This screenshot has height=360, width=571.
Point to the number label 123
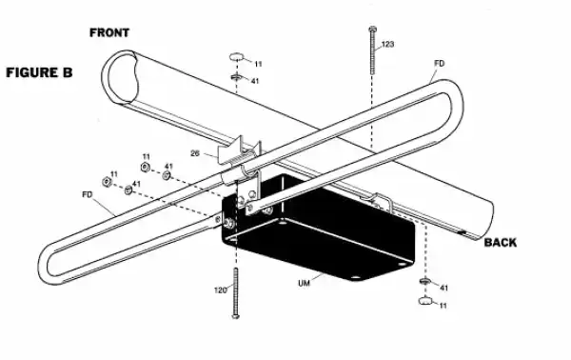click(x=387, y=45)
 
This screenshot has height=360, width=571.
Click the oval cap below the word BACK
click(x=423, y=302)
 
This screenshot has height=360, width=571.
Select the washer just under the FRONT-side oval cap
click(x=234, y=78)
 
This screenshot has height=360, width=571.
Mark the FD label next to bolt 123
click(x=439, y=64)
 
